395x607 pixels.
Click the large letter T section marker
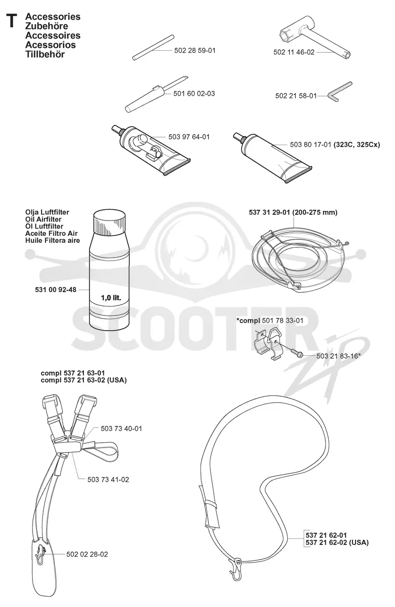12,21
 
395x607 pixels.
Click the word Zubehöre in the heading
46,26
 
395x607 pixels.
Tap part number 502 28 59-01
195,50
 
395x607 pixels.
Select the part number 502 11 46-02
294,52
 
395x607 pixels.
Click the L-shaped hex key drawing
338,92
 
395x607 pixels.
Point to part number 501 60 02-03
194,93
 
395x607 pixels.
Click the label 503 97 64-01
189,137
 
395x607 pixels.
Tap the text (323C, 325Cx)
357,145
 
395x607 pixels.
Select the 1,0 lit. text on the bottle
111,298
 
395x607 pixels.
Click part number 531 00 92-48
56,290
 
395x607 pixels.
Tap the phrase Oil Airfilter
43,219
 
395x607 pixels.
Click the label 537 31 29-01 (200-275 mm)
293,212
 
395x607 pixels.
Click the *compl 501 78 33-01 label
270,321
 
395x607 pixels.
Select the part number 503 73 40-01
121,428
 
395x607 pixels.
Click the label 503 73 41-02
108,479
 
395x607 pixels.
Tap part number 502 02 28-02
87,554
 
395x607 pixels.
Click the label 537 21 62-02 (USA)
337,542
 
